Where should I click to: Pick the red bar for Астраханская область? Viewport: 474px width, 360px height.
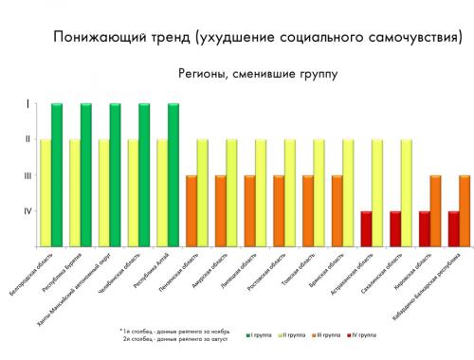click(x=366, y=228)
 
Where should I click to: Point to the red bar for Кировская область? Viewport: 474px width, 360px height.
click(x=424, y=228)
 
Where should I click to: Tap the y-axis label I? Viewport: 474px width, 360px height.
click(x=27, y=104)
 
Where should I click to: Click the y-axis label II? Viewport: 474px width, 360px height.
click(x=27, y=139)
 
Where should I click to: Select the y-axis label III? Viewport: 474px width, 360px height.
click(x=27, y=175)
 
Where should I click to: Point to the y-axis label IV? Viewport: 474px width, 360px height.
click(x=27, y=210)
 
